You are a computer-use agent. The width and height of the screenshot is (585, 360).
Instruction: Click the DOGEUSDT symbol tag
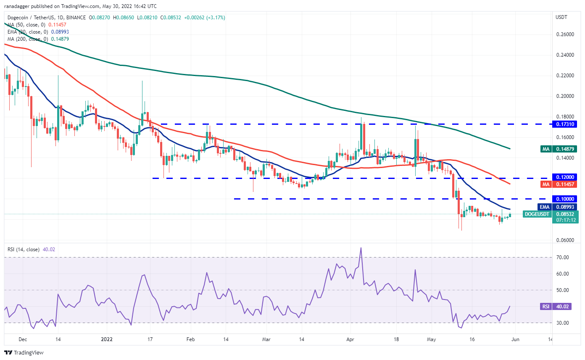537,214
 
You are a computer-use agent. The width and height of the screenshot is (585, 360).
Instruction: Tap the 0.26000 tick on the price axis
564,34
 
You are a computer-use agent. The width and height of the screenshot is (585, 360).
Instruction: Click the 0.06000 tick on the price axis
564,240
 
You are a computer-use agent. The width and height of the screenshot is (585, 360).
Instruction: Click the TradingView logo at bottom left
24,353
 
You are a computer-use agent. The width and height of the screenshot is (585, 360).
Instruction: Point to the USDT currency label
561,17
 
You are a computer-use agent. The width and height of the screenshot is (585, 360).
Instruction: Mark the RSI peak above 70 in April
361,248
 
